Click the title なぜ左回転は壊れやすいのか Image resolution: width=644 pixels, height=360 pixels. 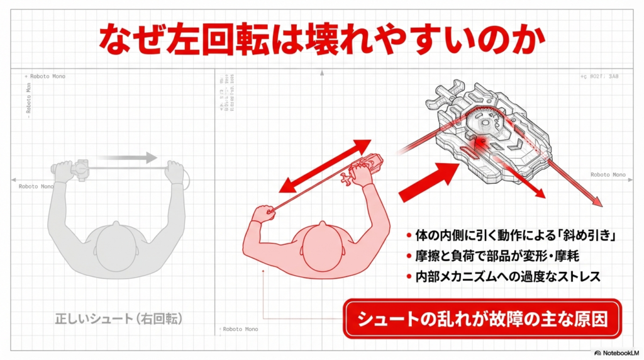point(321,38)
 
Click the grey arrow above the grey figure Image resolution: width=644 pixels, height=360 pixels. point(126,157)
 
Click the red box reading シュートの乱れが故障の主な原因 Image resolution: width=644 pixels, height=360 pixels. point(482,318)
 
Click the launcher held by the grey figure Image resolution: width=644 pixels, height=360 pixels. point(81,168)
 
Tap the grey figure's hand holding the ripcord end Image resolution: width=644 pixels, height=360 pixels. point(174,170)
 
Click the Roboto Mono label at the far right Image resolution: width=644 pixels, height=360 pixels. point(608,174)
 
